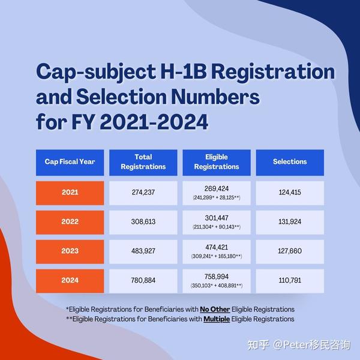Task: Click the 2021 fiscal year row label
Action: coord(70,193)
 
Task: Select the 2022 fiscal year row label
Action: coord(70,222)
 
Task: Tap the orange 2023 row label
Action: coord(70,251)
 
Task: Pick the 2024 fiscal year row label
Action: coord(70,280)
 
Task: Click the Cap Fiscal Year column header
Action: coord(70,162)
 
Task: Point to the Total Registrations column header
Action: coord(143,162)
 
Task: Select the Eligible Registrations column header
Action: coord(217,162)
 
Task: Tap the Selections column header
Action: coord(290,162)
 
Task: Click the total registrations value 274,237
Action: coord(143,193)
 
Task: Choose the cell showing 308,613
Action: coord(143,222)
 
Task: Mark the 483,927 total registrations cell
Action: coord(143,251)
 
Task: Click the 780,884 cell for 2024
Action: coord(143,280)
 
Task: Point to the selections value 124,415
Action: coord(290,193)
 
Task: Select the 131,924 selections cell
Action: coord(290,222)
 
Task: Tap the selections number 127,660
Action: coord(290,251)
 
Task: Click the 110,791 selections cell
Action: coord(290,280)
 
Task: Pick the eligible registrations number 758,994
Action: coord(217,277)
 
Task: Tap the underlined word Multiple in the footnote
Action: coord(217,319)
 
